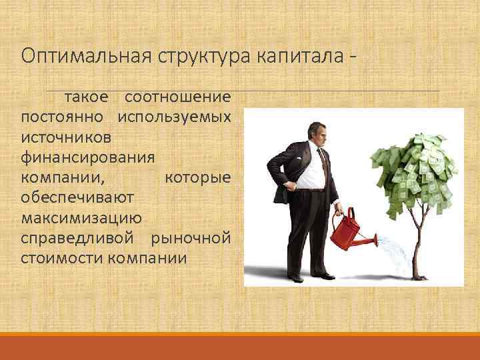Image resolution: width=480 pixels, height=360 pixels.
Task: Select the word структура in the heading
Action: [x=193, y=55]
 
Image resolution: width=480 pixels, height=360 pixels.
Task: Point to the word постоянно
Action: [x=62, y=117]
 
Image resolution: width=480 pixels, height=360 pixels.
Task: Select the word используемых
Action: [x=175, y=117]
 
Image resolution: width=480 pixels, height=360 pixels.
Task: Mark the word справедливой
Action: [x=79, y=238]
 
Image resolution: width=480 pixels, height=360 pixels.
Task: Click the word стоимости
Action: [x=61, y=257]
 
